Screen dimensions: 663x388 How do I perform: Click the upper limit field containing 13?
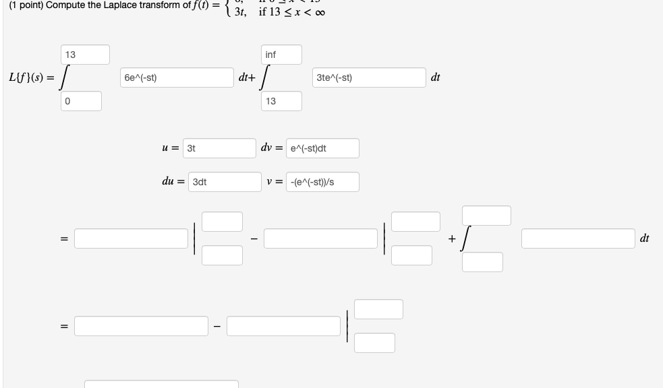(85, 55)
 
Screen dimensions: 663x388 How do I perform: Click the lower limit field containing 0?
(82, 101)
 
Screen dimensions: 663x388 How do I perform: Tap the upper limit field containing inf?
(282, 55)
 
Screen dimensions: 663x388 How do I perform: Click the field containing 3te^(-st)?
(368, 77)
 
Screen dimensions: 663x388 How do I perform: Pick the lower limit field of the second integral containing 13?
(282, 101)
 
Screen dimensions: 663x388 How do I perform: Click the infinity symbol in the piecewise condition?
(322, 13)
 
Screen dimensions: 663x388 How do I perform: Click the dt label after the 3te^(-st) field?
(435, 77)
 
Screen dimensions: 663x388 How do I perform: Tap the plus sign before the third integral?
(451, 238)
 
